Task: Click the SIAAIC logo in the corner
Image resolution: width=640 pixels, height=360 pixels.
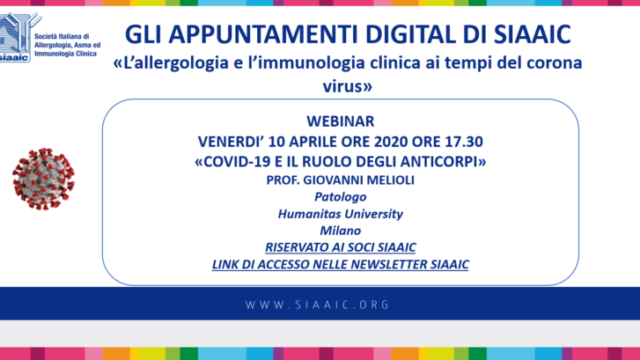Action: tap(19, 37)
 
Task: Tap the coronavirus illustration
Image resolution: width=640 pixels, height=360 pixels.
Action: tap(44, 179)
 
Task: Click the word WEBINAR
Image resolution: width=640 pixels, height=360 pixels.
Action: tap(341, 121)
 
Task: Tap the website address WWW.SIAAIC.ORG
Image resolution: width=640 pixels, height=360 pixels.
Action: tap(318, 305)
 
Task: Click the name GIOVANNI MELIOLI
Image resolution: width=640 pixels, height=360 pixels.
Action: tap(359, 180)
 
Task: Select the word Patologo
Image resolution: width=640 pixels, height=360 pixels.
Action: tap(341, 197)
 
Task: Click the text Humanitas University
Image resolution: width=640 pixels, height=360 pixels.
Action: tap(341, 214)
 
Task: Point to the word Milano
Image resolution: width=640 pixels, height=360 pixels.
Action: tap(341, 231)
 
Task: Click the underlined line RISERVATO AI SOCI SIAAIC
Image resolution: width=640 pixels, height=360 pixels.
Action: tap(341, 247)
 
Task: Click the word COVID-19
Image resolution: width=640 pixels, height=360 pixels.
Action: tap(237, 162)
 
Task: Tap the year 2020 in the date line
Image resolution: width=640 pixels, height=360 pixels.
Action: tap(391, 142)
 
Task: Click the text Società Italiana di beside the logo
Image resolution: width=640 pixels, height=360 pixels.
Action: tap(62, 36)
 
